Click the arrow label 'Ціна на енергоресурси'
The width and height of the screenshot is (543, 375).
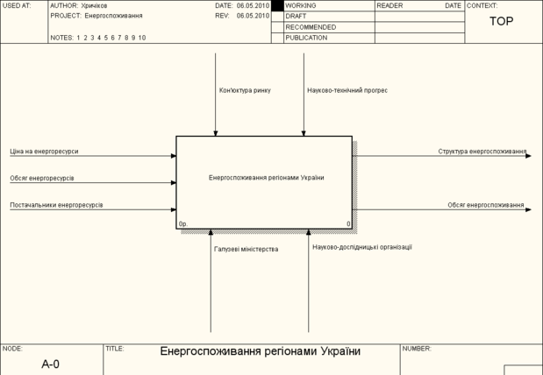pyautogui.click(x=44, y=152)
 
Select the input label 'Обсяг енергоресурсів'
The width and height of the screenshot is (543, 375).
pyautogui.click(x=42, y=178)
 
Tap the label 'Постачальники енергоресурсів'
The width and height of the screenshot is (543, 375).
pyautogui.click(x=56, y=205)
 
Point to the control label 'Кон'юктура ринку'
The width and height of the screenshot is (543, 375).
pyautogui.click(x=245, y=90)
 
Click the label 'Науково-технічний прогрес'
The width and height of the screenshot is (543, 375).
pyautogui.click(x=347, y=90)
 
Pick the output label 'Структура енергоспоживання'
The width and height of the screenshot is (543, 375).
pyautogui.click(x=482, y=152)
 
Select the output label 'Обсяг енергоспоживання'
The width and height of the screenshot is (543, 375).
pyautogui.click(x=485, y=205)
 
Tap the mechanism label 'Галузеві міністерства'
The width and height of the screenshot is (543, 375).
pyautogui.click(x=246, y=250)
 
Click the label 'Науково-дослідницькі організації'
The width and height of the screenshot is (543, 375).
pyautogui.click(x=362, y=247)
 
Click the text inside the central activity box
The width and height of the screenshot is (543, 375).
pyautogui.click(x=266, y=178)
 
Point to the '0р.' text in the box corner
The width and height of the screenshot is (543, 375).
pyautogui.click(x=183, y=224)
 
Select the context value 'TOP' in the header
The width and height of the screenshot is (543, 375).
pyautogui.click(x=502, y=21)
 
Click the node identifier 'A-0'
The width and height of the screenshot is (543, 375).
pyautogui.click(x=50, y=363)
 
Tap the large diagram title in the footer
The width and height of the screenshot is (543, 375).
pyautogui.click(x=260, y=352)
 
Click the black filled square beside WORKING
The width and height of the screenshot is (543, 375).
pyautogui.click(x=277, y=5)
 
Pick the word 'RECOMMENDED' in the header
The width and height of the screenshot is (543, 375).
pyautogui.click(x=311, y=27)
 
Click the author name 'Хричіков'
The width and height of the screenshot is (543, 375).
pyautogui.click(x=96, y=5)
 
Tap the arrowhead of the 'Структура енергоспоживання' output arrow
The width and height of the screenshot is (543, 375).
pyautogui.click(x=528, y=156)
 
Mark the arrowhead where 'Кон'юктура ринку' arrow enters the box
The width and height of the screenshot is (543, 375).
pyautogui.click(x=215, y=133)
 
